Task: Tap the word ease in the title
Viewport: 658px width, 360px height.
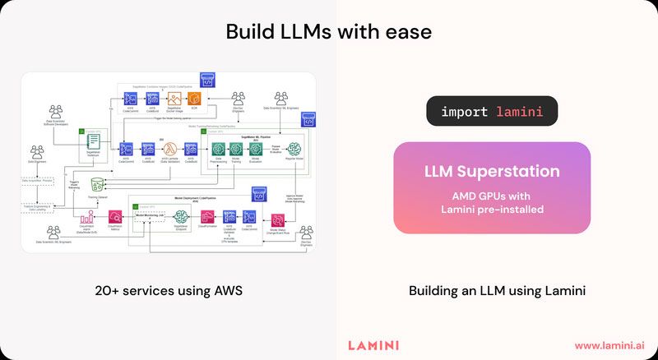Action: click(x=409, y=32)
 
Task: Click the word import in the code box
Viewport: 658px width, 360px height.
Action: click(x=464, y=111)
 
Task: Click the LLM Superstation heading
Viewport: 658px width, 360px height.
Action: click(x=492, y=172)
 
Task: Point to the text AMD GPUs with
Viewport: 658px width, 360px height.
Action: click(x=492, y=196)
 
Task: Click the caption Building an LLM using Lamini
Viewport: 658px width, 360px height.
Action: click(x=492, y=291)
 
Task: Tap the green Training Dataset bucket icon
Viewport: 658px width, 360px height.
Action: click(x=98, y=183)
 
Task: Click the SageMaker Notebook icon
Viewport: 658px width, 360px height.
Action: click(x=93, y=145)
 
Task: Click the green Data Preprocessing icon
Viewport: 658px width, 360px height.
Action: click(x=218, y=149)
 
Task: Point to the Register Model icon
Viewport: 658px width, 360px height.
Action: click(x=294, y=149)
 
